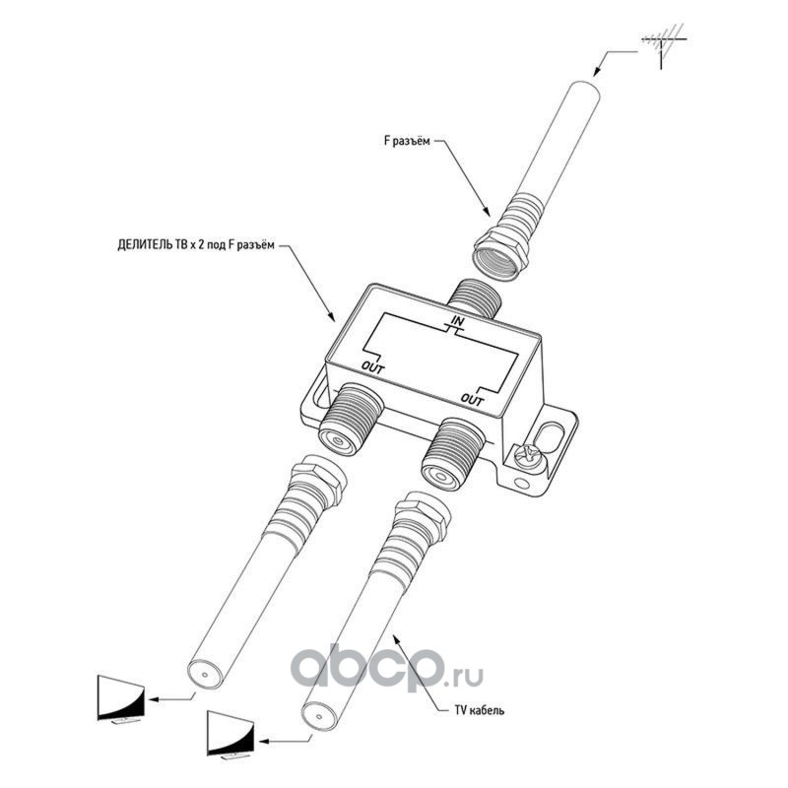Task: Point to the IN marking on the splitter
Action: (458, 322)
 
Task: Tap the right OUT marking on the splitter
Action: (474, 399)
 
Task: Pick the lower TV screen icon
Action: (230, 734)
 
